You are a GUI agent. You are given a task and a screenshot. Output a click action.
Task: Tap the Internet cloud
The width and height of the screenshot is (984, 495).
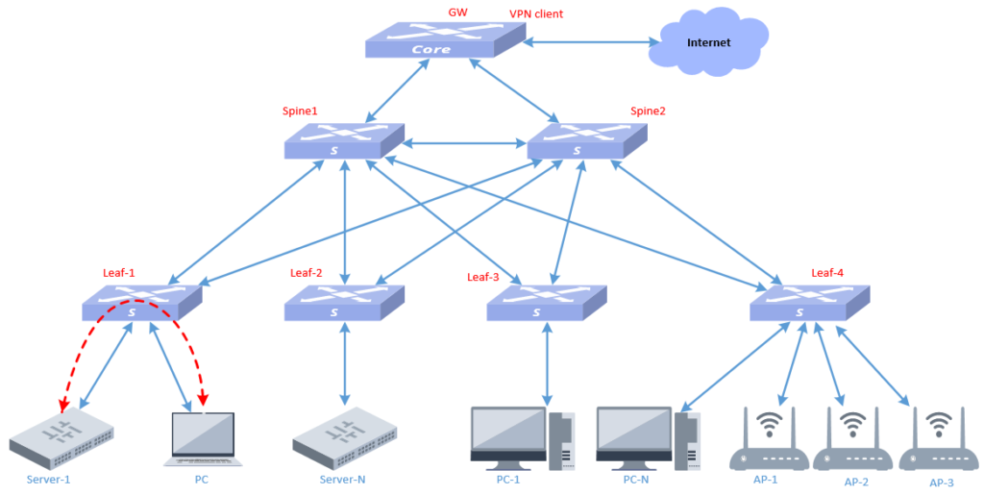pos(708,42)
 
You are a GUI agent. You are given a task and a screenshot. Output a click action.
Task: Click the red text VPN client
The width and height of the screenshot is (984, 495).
pos(536,14)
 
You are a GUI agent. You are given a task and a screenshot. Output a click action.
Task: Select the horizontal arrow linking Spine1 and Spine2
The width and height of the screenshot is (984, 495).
pos(465,145)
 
